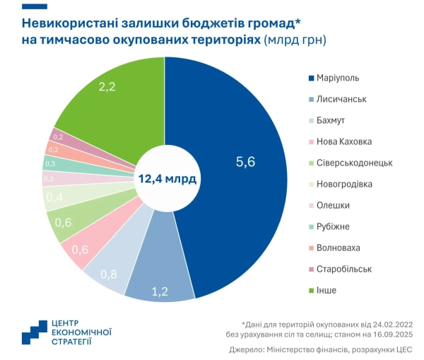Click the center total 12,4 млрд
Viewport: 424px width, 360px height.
pos(167,178)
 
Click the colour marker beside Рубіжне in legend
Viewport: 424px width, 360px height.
pos(312,226)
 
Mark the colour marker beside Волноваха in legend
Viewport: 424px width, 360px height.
pos(312,248)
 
